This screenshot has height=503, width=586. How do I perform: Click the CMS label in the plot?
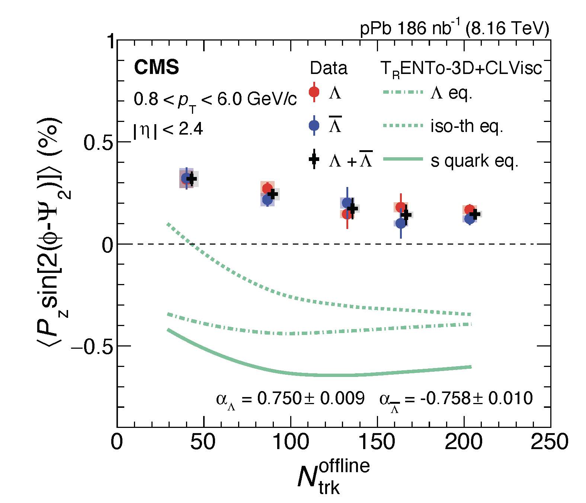click(156, 68)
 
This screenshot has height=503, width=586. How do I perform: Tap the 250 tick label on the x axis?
click(550, 443)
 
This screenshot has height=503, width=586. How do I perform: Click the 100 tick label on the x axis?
click(291, 443)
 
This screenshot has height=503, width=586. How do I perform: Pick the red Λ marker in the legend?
click(314, 91)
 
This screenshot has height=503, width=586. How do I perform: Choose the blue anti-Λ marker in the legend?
click(314, 126)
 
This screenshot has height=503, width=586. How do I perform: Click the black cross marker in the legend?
click(314, 159)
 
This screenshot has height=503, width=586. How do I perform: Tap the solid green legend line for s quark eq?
click(403, 159)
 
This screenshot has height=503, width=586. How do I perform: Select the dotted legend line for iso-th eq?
click(403, 126)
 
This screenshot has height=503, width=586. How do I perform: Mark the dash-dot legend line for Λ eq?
click(403, 91)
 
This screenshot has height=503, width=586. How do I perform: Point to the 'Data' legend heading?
click(329, 68)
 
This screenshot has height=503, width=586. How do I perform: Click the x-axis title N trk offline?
click(333, 478)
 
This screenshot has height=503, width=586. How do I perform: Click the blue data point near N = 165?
click(401, 223)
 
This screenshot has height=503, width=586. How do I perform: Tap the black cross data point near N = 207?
click(474, 214)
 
